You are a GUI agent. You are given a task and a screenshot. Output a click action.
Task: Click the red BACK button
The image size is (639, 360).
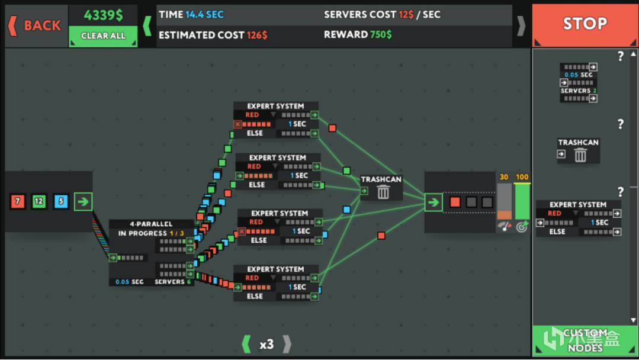point(36,25)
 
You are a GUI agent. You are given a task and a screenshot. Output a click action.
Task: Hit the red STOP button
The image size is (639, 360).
point(585,24)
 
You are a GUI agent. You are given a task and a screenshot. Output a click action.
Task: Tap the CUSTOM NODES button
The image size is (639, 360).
point(585,340)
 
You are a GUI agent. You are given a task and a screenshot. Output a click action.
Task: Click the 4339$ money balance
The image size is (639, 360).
point(103,15)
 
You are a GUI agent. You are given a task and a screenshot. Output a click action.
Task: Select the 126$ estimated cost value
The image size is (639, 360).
point(257,35)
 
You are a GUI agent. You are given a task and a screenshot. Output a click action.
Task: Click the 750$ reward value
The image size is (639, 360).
point(381,35)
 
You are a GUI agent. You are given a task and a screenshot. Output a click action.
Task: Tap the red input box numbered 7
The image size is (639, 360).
point(18,202)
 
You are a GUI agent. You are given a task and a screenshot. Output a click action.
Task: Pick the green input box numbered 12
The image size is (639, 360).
point(39,202)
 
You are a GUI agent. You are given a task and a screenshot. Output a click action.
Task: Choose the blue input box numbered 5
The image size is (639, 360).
point(60,202)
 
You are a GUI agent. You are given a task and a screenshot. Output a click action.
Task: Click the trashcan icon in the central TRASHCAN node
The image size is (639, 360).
point(383,191)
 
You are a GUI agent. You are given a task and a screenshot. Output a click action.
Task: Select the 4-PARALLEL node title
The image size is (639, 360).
point(151,224)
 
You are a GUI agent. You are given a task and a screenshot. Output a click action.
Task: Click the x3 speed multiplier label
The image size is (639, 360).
point(266,344)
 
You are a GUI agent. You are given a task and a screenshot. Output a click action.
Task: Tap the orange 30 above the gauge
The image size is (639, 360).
point(504,177)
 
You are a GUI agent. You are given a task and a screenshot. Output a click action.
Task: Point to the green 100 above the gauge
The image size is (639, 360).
point(522,177)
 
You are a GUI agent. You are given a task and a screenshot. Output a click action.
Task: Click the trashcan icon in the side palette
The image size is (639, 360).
point(580,155)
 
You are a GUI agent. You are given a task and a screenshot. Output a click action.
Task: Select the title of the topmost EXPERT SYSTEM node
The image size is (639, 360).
point(275,107)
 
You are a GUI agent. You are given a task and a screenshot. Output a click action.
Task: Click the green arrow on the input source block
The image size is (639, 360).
point(83,202)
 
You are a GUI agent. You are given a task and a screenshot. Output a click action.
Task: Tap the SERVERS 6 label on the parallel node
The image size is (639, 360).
point(173,282)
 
